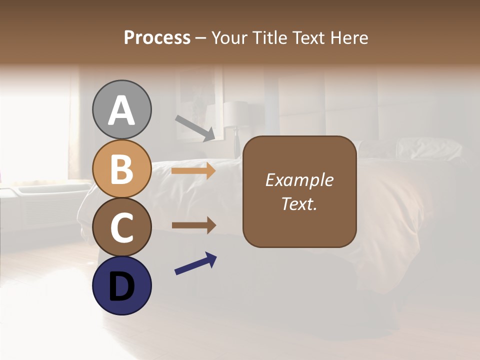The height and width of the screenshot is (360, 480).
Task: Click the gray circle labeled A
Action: (x=121, y=109)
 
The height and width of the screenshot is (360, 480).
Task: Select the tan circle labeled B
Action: (x=121, y=168)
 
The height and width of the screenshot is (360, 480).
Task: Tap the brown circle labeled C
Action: (x=121, y=227)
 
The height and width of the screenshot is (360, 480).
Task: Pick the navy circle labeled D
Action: (x=121, y=285)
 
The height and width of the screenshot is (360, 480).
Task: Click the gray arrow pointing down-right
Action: (x=195, y=128)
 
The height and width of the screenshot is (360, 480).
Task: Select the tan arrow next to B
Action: (x=193, y=170)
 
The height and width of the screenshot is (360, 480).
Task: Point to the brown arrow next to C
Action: (x=193, y=225)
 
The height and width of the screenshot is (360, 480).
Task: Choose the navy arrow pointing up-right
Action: (x=195, y=263)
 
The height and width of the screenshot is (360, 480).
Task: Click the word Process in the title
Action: (x=157, y=38)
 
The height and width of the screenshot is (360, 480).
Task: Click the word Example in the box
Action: (x=299, y=180)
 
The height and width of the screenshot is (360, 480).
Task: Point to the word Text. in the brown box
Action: (x=299, y=204)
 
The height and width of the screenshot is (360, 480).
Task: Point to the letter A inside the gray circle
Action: (x=121, y=110)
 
